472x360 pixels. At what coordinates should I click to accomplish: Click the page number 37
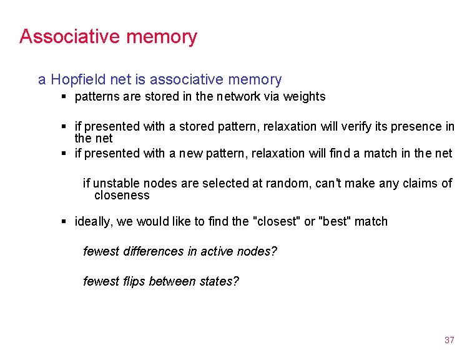point(449,340)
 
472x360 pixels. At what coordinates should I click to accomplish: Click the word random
point(288,183)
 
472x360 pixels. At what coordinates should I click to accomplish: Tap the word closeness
point(122,195)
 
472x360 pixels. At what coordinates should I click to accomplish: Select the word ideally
point(94,221)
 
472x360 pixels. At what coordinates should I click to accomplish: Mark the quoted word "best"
point(335,221)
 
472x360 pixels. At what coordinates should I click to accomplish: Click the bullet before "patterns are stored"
point(64,97)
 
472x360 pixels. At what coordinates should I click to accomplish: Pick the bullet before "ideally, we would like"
point(64,222)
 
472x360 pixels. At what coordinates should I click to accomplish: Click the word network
point(238,96)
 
